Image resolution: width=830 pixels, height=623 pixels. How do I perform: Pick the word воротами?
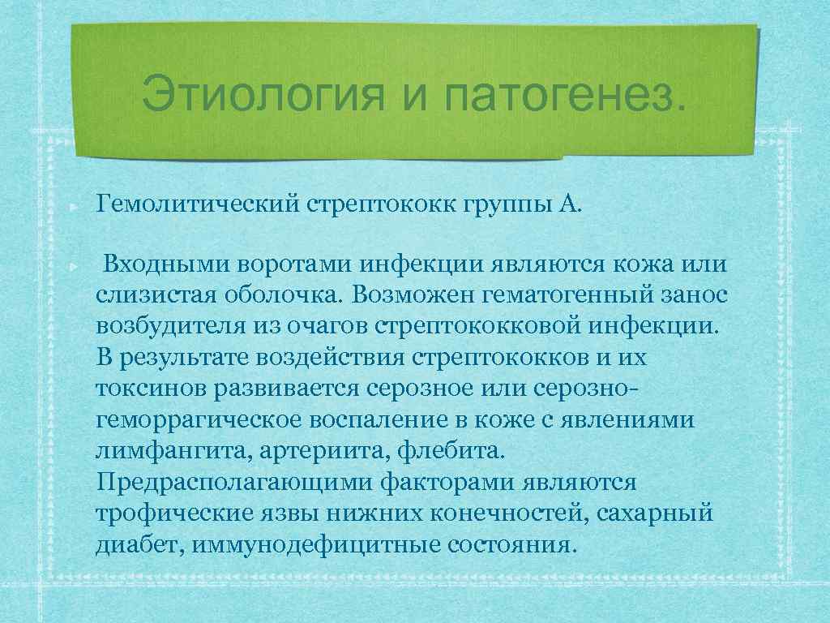[x=289, y=264]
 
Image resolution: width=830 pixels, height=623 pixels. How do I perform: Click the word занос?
[x=698, y=294]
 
